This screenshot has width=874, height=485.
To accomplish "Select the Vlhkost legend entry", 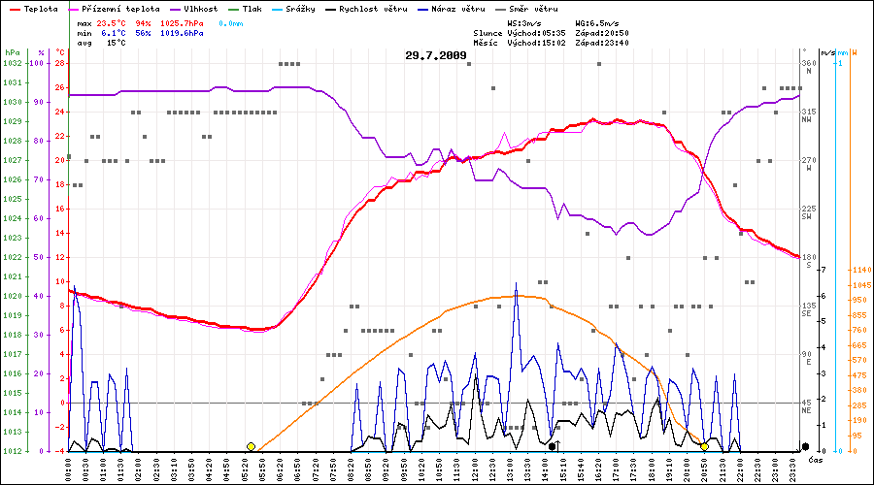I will (x=200, y=8).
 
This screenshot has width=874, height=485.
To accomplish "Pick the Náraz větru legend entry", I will (x=461, y=8).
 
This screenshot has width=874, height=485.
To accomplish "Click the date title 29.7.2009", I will (x=435, y=55).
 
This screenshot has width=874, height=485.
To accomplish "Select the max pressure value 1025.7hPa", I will (x=183, y=21).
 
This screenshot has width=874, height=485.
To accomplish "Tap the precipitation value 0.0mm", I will (x=230, y=21).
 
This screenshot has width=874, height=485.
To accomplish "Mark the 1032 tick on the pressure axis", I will (x=12, y=63).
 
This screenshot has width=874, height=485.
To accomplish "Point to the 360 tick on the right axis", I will (x=808, y=63).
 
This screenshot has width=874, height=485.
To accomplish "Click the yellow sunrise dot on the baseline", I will (x=251, y=446).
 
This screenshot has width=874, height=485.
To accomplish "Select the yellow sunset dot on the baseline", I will (x=704, y=446).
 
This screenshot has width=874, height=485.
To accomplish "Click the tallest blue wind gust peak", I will (x=516, y=282).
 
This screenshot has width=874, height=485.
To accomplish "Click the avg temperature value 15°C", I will (x=117, y=43).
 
